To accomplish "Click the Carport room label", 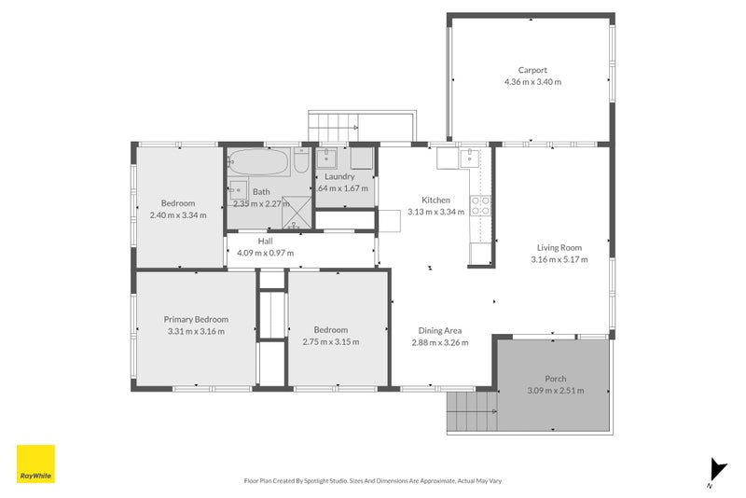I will pyautogui.click(x=532, y=70).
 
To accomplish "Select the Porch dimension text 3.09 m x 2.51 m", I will pyautogui.click(x=555, y=391).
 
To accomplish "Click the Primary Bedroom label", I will pyautogui.click(x=196, y=319).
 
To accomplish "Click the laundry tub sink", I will pyautogui.click(x=328, y=158).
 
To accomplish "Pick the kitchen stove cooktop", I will pyautogui.click(x=481, y=205).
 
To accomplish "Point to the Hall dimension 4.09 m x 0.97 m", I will pyautogui.click(x=265, y=253).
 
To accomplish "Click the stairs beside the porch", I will pyautogui.click(x=471, y=411).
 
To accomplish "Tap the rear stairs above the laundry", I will pyautogui.click(x=333, y=124).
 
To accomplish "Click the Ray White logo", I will pyautogui.click(x=35, y=464).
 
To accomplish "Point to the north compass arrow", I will pyautogui.click(x=716, y=470).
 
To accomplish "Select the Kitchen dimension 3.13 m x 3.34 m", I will pyautogui.click(x=435, y=212).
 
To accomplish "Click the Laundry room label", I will pyautogui.click(x=339, y=176).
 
